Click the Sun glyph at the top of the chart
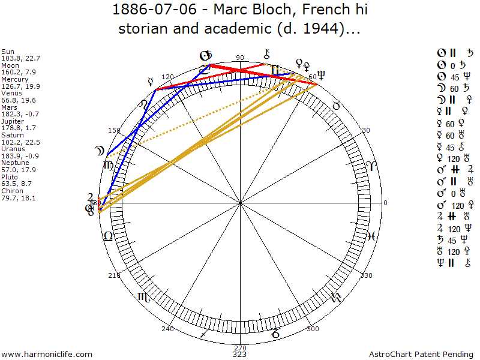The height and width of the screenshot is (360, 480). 205,56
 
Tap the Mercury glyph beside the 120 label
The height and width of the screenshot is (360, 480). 151,80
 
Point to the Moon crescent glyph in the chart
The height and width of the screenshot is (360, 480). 98,152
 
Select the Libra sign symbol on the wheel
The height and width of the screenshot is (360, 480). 107,236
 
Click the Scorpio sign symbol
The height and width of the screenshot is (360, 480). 144,296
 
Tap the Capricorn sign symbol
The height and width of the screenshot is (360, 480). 275,334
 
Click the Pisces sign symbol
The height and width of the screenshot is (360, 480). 371,236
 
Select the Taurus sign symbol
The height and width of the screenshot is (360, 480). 336,106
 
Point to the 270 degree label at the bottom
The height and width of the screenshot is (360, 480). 240,347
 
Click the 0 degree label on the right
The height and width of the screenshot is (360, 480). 386,203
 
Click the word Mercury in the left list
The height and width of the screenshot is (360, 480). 15,79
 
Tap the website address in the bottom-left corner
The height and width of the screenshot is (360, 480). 47,354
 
